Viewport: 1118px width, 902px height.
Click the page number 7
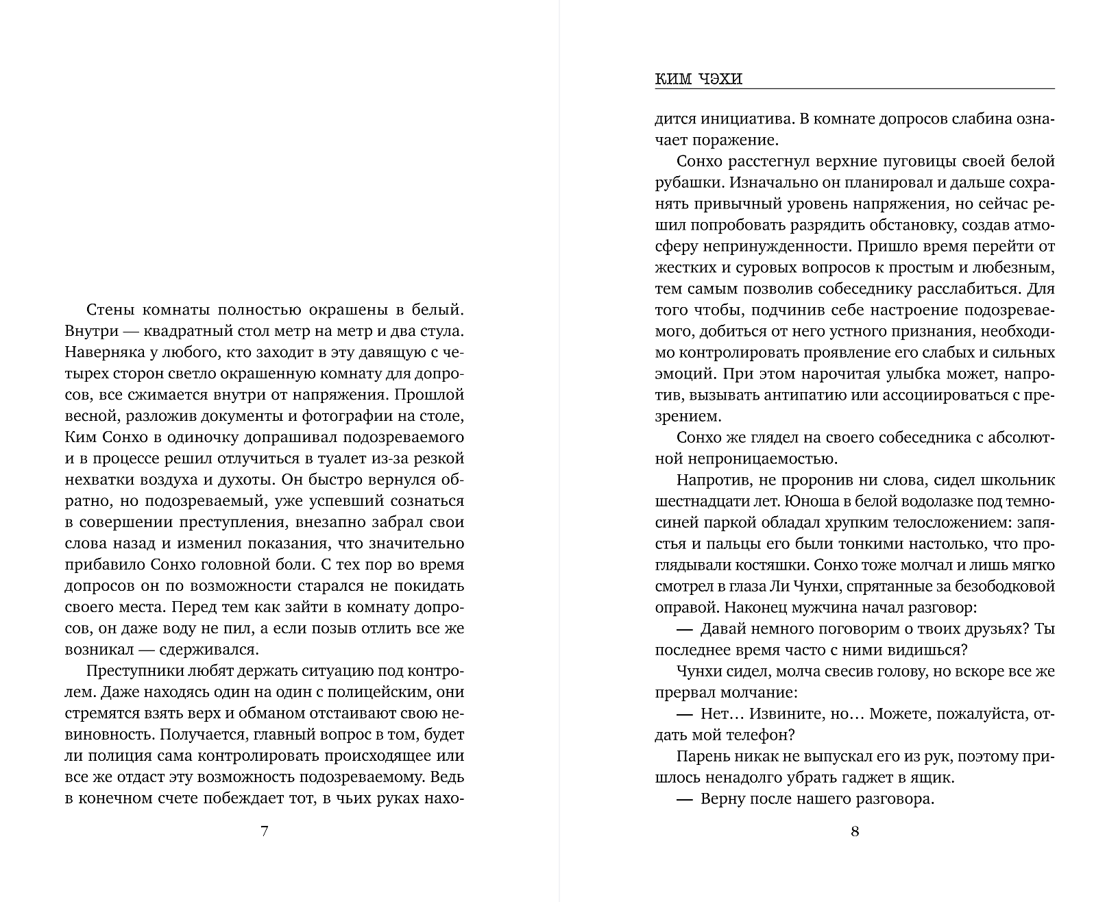(265, 832)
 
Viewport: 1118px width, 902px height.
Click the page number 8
(854, 832)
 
